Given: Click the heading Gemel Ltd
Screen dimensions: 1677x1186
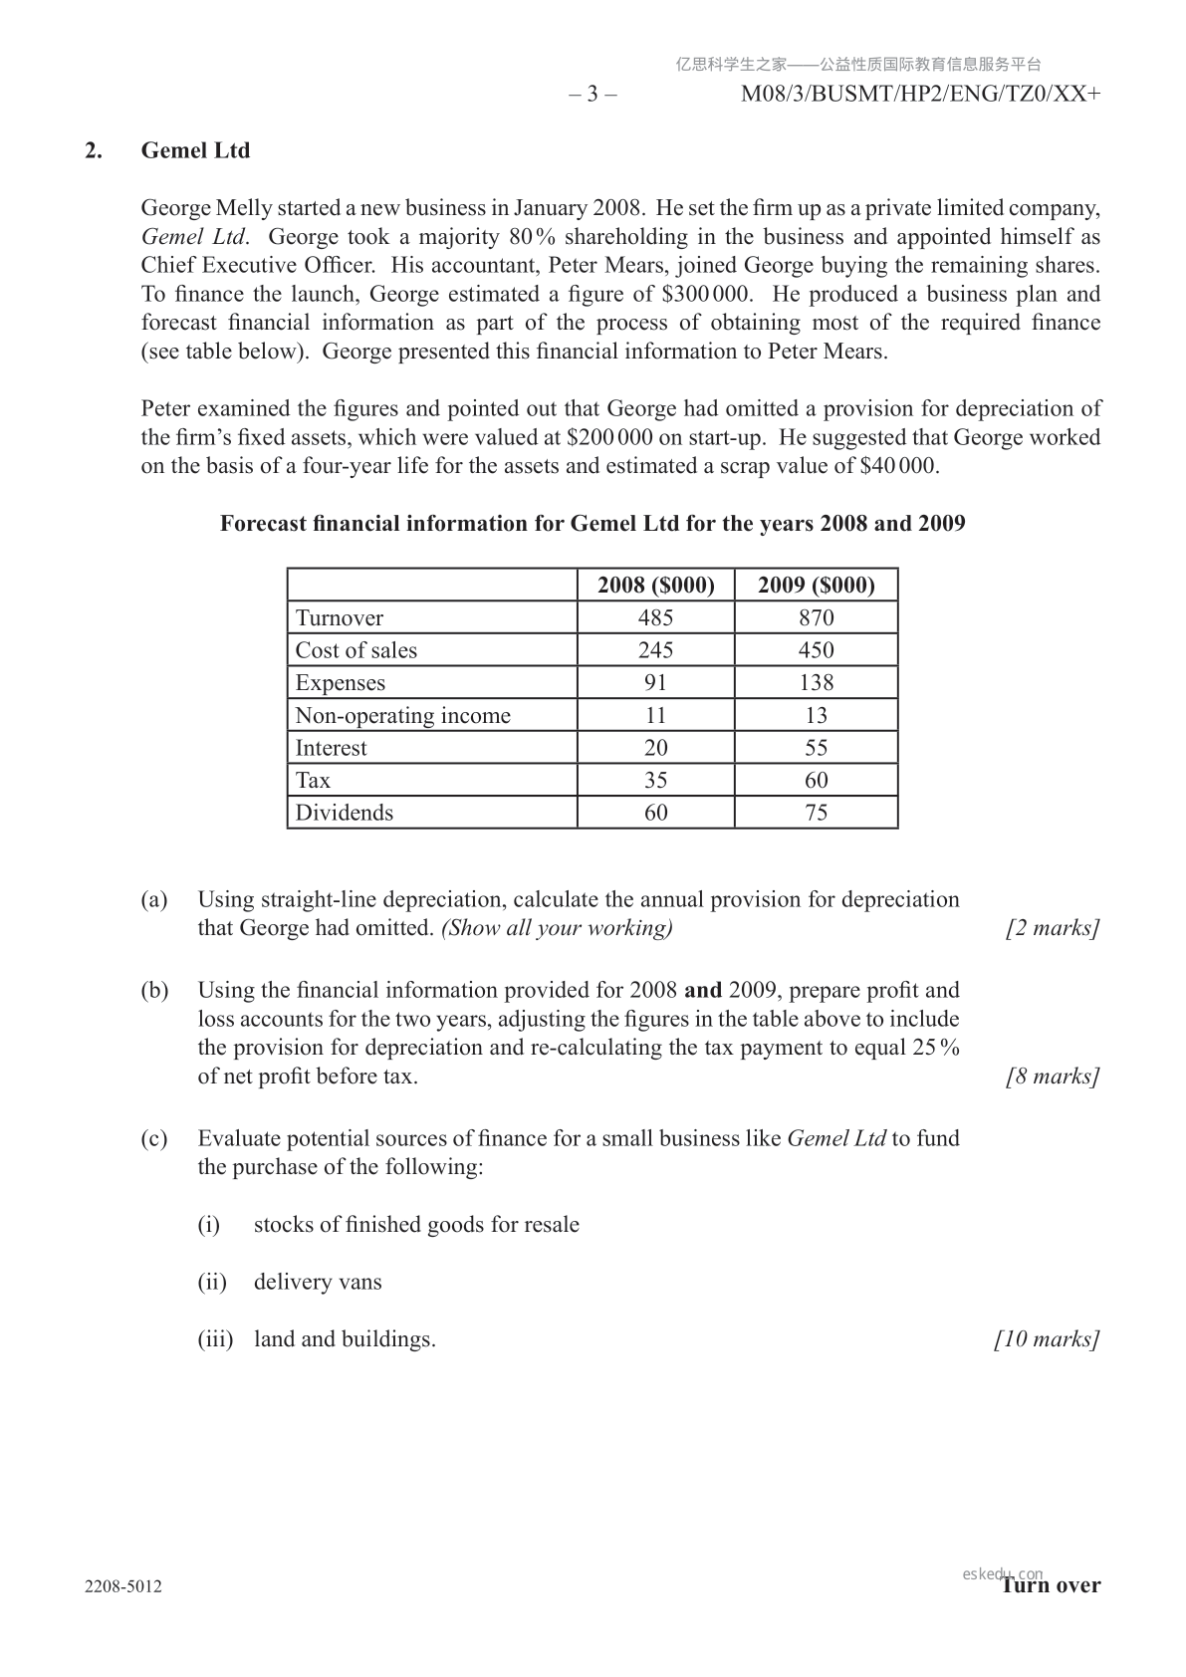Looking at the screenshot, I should [x=195, y=150].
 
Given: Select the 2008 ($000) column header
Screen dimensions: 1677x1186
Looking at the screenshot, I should [x=655, y=585].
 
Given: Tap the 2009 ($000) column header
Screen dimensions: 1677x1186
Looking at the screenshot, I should [x=816, y=585].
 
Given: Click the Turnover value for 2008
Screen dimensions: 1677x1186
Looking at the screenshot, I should [x=655, y=617].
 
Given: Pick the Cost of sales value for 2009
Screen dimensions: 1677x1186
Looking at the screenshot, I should [x=816, y=650].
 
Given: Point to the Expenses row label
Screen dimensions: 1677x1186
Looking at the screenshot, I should [x=340, y=683].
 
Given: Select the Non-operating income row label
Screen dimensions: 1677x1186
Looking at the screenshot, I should [x=402, y=716].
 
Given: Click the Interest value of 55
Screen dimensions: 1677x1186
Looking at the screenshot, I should [x=816, y=748].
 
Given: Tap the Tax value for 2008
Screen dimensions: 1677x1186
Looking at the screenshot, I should [x=655, y=780].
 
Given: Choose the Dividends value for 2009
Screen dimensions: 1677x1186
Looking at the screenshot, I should [x=816, y=813].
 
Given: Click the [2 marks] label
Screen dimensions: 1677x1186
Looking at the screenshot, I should [x=1053, y=928].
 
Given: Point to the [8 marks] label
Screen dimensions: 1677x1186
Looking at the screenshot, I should [x=1053, y=1077].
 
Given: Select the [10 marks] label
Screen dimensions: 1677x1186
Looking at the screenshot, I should [x=1047, y=1339].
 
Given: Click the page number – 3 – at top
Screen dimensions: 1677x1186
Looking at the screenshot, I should [x=593, y=95].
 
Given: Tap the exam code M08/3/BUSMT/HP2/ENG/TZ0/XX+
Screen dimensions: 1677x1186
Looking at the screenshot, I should [x=921, y=95].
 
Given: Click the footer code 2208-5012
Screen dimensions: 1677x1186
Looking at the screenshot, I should [x=123, y=1586].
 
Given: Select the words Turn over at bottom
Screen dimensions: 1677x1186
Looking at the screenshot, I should [x=1052, y=1585].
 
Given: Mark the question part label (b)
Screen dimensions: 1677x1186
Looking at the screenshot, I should [x=153, y=991].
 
